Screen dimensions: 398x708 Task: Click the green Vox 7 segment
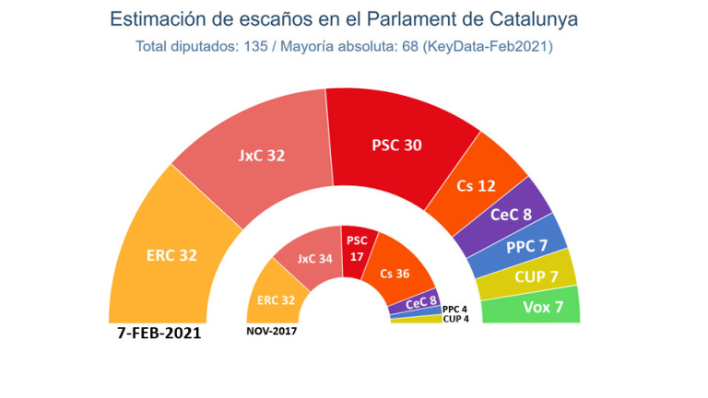[544, 305]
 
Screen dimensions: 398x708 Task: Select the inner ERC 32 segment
[277, 298]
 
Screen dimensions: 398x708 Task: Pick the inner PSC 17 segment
[357, 246]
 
